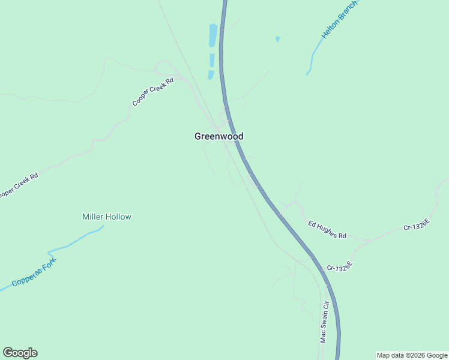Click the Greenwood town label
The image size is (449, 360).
click(x=218, y=137)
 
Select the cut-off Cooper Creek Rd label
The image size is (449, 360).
click(x=18, y=187)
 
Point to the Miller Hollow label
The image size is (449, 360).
click(x=106, y=217)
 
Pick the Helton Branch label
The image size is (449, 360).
click(x=339, y=20)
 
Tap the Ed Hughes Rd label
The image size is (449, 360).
click(x=327, y=230)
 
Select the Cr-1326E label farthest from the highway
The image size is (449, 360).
click(x=417, y=224)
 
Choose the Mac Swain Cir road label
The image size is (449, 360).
click(x=324, y=322)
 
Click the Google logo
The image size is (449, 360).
click(x=20, y=353)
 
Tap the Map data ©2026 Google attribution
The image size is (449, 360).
click(x=412, y=355)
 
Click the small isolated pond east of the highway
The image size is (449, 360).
click(x=277, y=39)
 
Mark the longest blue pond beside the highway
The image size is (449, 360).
click(x=212, y=35)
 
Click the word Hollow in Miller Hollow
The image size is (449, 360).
click(x=118, y=217)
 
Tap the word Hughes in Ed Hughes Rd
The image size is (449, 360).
click(x=328, y=230)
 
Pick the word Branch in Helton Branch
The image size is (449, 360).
click(x=348, y=11)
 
